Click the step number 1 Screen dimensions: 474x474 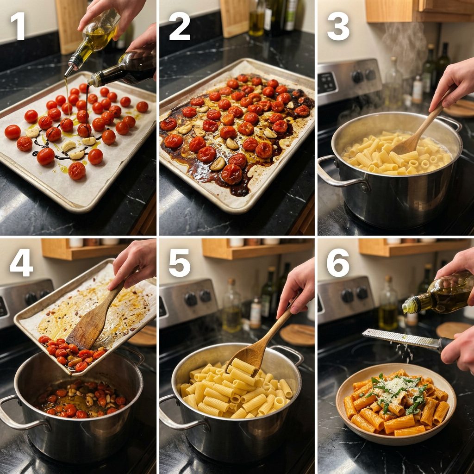click(x=18, y=26)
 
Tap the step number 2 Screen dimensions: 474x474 click(x=180, y=26)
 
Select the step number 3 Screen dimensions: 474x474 click(x=338, y=26)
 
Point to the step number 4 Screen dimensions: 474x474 click(x=21, y=263)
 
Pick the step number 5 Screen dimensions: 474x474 click(x=180, y=263)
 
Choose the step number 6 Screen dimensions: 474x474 click(x=338, y=263)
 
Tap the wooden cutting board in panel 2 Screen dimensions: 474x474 click(x=235, y=18)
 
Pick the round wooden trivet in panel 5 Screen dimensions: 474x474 click(x=297, y=335)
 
